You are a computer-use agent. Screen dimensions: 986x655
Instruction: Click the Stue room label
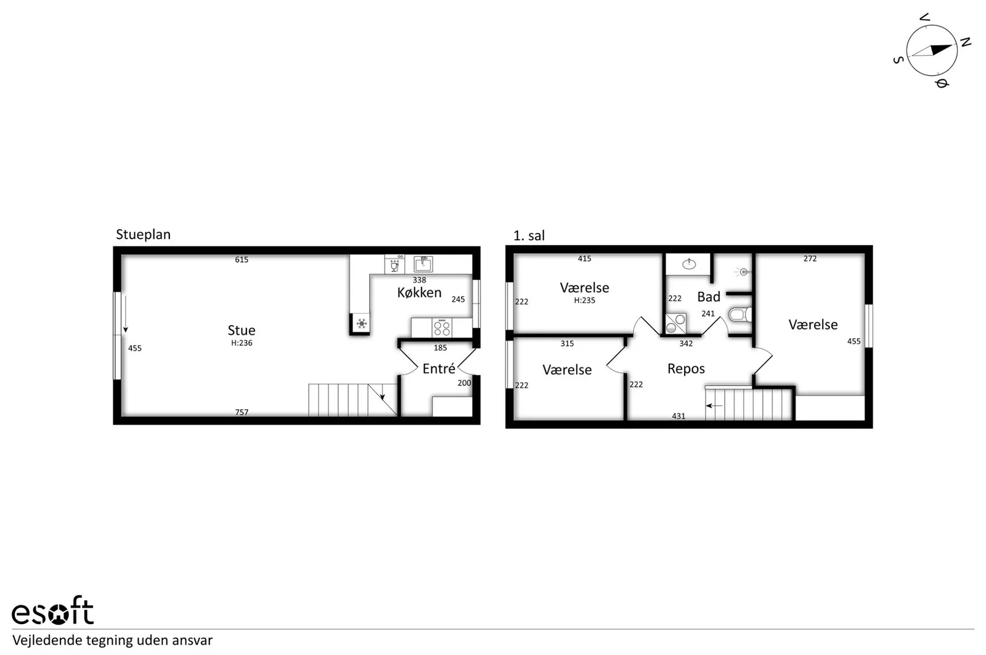[241, 330]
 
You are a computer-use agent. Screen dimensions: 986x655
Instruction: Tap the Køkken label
[419, 293]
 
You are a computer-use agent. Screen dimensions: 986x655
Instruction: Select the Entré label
[439, 368]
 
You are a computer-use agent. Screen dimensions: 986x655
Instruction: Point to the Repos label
[686, 369]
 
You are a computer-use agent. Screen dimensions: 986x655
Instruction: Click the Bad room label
[709, 296]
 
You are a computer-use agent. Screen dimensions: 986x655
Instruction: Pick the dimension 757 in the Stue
[242, 412]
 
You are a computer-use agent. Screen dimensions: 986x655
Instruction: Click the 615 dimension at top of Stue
[242, 259]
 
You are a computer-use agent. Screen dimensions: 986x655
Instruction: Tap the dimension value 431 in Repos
[678, 416]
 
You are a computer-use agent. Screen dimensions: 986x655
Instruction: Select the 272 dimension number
[810, 259]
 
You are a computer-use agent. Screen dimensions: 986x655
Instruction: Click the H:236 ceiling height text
[242, 343]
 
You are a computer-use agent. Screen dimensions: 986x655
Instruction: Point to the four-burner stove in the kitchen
[442, 328]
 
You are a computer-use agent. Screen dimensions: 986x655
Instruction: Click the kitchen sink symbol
[423, 264]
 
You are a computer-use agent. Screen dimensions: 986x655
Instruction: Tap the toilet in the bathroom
[741, 315]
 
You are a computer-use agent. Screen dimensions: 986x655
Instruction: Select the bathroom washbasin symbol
[689, 264]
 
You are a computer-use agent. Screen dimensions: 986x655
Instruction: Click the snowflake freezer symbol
[361, 324]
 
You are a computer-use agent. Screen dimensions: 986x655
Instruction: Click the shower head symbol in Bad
[743, 272]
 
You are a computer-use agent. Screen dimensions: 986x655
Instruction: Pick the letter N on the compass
[965, 43]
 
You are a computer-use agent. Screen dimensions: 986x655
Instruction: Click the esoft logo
[53, 611]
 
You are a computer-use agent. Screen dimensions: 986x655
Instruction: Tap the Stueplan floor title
[143, 235]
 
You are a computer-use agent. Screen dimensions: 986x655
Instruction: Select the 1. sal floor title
[529, 236]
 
